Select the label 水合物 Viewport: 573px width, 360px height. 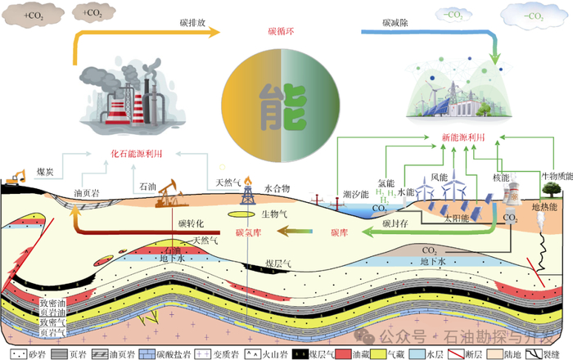(x=277, y=187)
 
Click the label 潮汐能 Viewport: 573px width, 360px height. (x=354, y=194)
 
